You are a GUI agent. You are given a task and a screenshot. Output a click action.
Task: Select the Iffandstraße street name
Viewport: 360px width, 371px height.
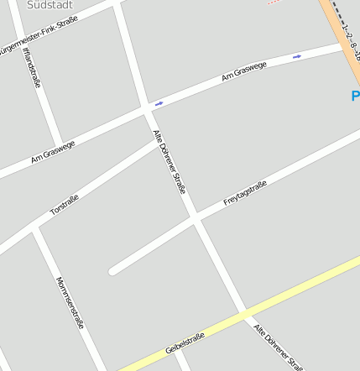(33, 68)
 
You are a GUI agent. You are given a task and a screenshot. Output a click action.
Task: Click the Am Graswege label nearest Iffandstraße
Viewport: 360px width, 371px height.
(53, 150)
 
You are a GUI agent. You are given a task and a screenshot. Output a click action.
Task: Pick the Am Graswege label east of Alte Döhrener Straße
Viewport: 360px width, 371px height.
(244, 71)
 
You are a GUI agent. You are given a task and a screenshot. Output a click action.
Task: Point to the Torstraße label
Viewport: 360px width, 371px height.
(65, 205)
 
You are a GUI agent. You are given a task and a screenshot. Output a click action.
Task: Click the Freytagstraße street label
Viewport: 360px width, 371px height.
(245, 194)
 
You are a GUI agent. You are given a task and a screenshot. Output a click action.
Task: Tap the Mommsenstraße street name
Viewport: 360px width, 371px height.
(70, 301)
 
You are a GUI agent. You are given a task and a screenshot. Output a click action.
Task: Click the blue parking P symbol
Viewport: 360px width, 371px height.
(355, 97)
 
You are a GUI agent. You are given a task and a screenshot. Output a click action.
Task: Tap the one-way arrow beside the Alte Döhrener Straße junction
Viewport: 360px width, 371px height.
(159, 103)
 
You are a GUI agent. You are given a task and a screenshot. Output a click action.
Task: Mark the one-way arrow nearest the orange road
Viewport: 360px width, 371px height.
(296, 56)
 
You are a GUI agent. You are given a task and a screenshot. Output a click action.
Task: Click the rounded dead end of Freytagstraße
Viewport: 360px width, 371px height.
(113, 270)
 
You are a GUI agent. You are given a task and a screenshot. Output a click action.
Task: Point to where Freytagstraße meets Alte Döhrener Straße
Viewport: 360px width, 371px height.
(195, 218)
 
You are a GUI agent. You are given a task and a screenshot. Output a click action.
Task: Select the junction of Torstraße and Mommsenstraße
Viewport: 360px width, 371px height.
(34, 227)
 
